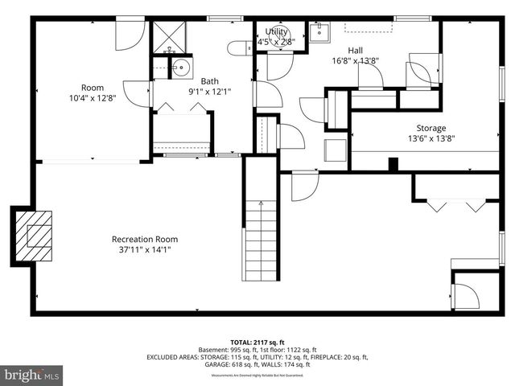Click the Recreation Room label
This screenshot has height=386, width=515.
pyautogui.click(x=145, y=239)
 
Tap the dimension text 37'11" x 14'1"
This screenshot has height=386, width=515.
pyautogui.click(x=145, y=250)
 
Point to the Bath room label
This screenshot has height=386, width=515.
pyautogui.click(x=209, y=80)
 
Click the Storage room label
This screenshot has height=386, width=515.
pyautogui.click(x=431, y=128)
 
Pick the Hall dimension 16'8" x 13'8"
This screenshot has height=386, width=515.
pyautogui.click(x=355, y=60)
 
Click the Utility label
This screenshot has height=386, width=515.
pyautogui.click(x=277, y=31)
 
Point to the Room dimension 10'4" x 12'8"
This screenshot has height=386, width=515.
pyautogui.click(x=93, y=99)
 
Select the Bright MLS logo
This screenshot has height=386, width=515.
pyautogui.click(x=31, y=375)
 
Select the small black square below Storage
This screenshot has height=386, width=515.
pyautogui.click(x=393, y=165)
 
